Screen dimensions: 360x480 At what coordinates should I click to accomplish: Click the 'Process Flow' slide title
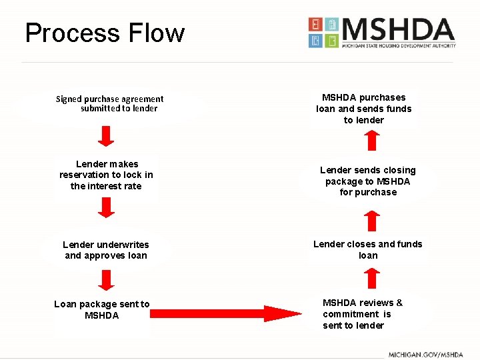click(105, 33)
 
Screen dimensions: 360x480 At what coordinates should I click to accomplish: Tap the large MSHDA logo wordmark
click(399, 29)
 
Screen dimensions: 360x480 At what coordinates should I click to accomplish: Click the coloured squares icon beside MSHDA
click(323, 33)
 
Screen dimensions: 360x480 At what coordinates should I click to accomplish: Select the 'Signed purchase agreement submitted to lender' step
click(110, 103)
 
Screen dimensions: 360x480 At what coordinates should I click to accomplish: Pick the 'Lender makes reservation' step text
click(106, 175)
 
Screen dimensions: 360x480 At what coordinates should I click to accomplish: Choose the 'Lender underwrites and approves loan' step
click(106, 250)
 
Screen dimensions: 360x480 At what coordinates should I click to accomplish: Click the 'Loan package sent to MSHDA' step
click(102, 309)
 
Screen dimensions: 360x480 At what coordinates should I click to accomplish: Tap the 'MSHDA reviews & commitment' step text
click(362, 314)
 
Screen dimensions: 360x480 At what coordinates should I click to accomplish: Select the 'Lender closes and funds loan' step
click(368, 249)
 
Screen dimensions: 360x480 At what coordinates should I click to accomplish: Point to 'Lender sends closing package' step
click(368, 181)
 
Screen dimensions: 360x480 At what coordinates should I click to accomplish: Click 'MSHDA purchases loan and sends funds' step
click(364, 109)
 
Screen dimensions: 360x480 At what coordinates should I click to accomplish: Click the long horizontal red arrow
click(226, 313)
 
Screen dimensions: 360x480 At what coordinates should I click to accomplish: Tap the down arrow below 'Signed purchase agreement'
click(106, 136)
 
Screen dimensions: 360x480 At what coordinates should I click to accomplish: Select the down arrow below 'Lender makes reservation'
click(106, 207)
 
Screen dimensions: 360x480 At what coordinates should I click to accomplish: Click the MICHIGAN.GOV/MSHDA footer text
click(426, 355)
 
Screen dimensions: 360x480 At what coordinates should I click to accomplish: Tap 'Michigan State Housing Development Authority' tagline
click(399, 46)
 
